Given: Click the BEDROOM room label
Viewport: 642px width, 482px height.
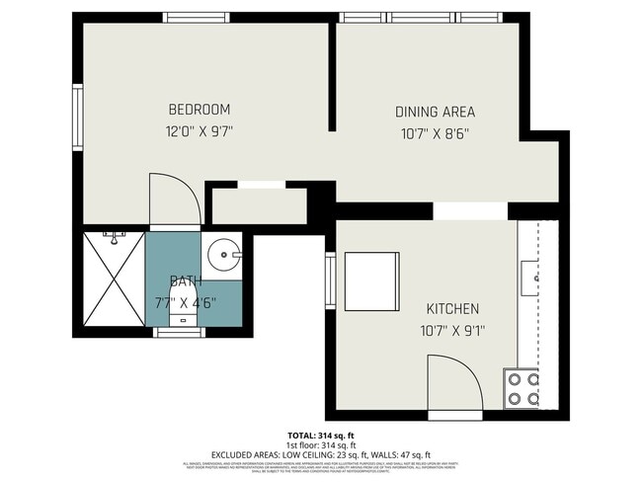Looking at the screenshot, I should coord(199,109).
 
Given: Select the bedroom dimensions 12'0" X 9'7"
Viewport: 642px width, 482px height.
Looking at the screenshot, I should coord(199,130).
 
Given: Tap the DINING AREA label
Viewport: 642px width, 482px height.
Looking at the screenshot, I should coord(435,112).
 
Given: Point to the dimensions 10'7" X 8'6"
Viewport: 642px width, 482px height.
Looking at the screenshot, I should coord(435,132).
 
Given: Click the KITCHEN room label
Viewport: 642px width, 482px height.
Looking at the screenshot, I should coord(452,308).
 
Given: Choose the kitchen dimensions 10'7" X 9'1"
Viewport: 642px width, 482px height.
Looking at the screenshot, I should coord(452,330).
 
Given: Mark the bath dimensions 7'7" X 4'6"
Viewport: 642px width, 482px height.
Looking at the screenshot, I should coord(185,302).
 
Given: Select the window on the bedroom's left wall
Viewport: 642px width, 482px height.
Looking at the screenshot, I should coord(77,117).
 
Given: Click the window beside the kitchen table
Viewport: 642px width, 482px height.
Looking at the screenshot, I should coord(331,281).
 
